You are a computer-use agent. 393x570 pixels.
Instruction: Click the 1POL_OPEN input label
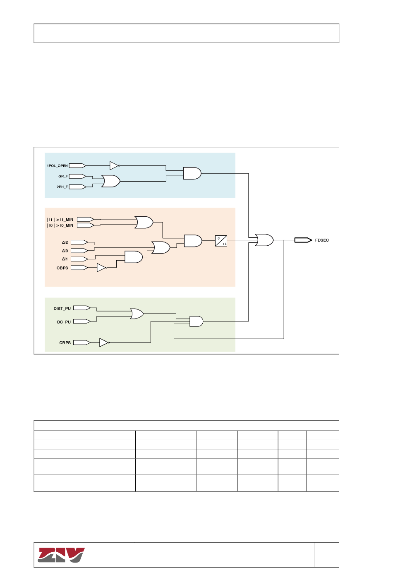point(57,166)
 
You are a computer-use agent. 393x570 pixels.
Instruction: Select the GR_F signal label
point(63,176)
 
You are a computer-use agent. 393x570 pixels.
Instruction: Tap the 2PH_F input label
point(62,187)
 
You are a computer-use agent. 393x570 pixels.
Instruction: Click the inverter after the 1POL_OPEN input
point(114,165)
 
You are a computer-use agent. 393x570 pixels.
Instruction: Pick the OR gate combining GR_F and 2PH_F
point(110,181)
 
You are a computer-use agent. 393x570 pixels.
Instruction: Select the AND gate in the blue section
point(192,173)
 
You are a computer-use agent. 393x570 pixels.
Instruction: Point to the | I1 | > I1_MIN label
point(60,220)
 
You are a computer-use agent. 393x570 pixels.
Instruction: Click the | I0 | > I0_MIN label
point(60,225)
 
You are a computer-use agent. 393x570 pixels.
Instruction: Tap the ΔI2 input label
point(65,242)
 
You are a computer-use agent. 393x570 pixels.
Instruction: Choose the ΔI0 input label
point(65,251)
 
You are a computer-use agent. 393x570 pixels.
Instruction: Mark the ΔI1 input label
point(65,259)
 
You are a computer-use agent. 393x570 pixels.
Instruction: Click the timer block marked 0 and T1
point(221,241)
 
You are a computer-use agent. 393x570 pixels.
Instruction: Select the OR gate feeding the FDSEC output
point(264,240)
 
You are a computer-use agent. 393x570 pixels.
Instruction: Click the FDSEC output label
point(322,240)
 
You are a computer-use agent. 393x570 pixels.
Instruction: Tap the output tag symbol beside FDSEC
point(303,240)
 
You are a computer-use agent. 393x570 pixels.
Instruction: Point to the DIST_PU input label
point(62,309)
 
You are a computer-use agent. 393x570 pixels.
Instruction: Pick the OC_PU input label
point(64,322)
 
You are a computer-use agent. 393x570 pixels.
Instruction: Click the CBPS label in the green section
point(65,342)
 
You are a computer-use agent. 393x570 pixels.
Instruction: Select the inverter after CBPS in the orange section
point(101,268)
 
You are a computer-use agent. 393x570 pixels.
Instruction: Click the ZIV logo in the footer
point(61,555)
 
